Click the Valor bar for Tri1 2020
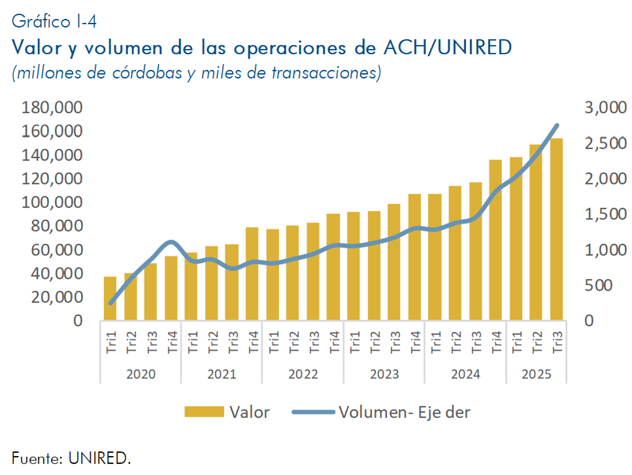[110, 298]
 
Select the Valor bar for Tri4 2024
[496, 240]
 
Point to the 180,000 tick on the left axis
[52, 108]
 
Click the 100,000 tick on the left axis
[52, 203]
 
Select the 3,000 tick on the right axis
[605, 108]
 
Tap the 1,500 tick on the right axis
[605, 215]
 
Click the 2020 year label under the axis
[141, 375]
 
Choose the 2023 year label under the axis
[384, 375]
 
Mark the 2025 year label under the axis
[537, 375]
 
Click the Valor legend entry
[249, 412]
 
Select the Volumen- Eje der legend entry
[404, 412]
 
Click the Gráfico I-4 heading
[54, 22]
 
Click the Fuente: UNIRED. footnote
[71, 458]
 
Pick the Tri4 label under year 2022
[333, 342]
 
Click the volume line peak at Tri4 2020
[171, 242]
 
